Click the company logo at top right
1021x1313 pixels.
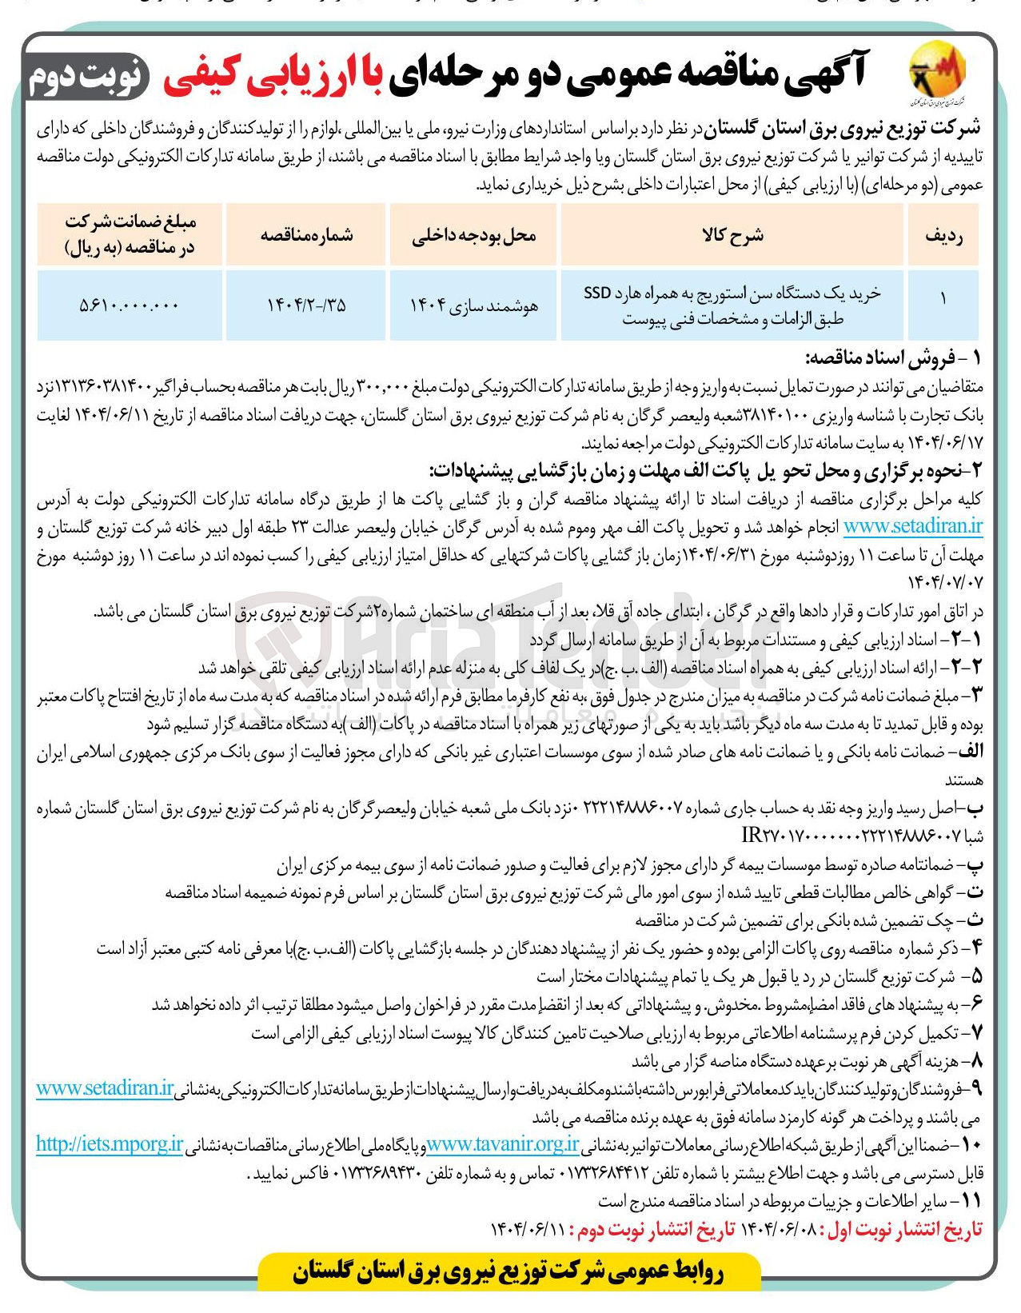tap(937, 76)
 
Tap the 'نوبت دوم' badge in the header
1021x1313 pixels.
tap(87, 77)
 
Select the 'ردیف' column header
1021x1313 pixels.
tap(943, 235)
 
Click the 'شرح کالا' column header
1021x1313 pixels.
tap(732, 235)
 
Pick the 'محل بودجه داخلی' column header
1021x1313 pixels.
tap(473, 235)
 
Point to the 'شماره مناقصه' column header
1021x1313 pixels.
tap(307, 235)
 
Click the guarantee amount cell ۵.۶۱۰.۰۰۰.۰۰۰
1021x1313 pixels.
tap(130, 305)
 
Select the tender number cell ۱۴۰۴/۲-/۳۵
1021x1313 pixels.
tap(306, 305)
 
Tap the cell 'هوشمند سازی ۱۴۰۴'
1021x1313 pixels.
tap(473, 305)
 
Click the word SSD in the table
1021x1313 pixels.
tap(596, 293)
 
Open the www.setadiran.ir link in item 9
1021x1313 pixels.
tap(105, 1088)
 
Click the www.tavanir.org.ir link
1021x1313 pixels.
tap(502, 1145)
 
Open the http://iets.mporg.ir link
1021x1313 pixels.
tap(110, 1145)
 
